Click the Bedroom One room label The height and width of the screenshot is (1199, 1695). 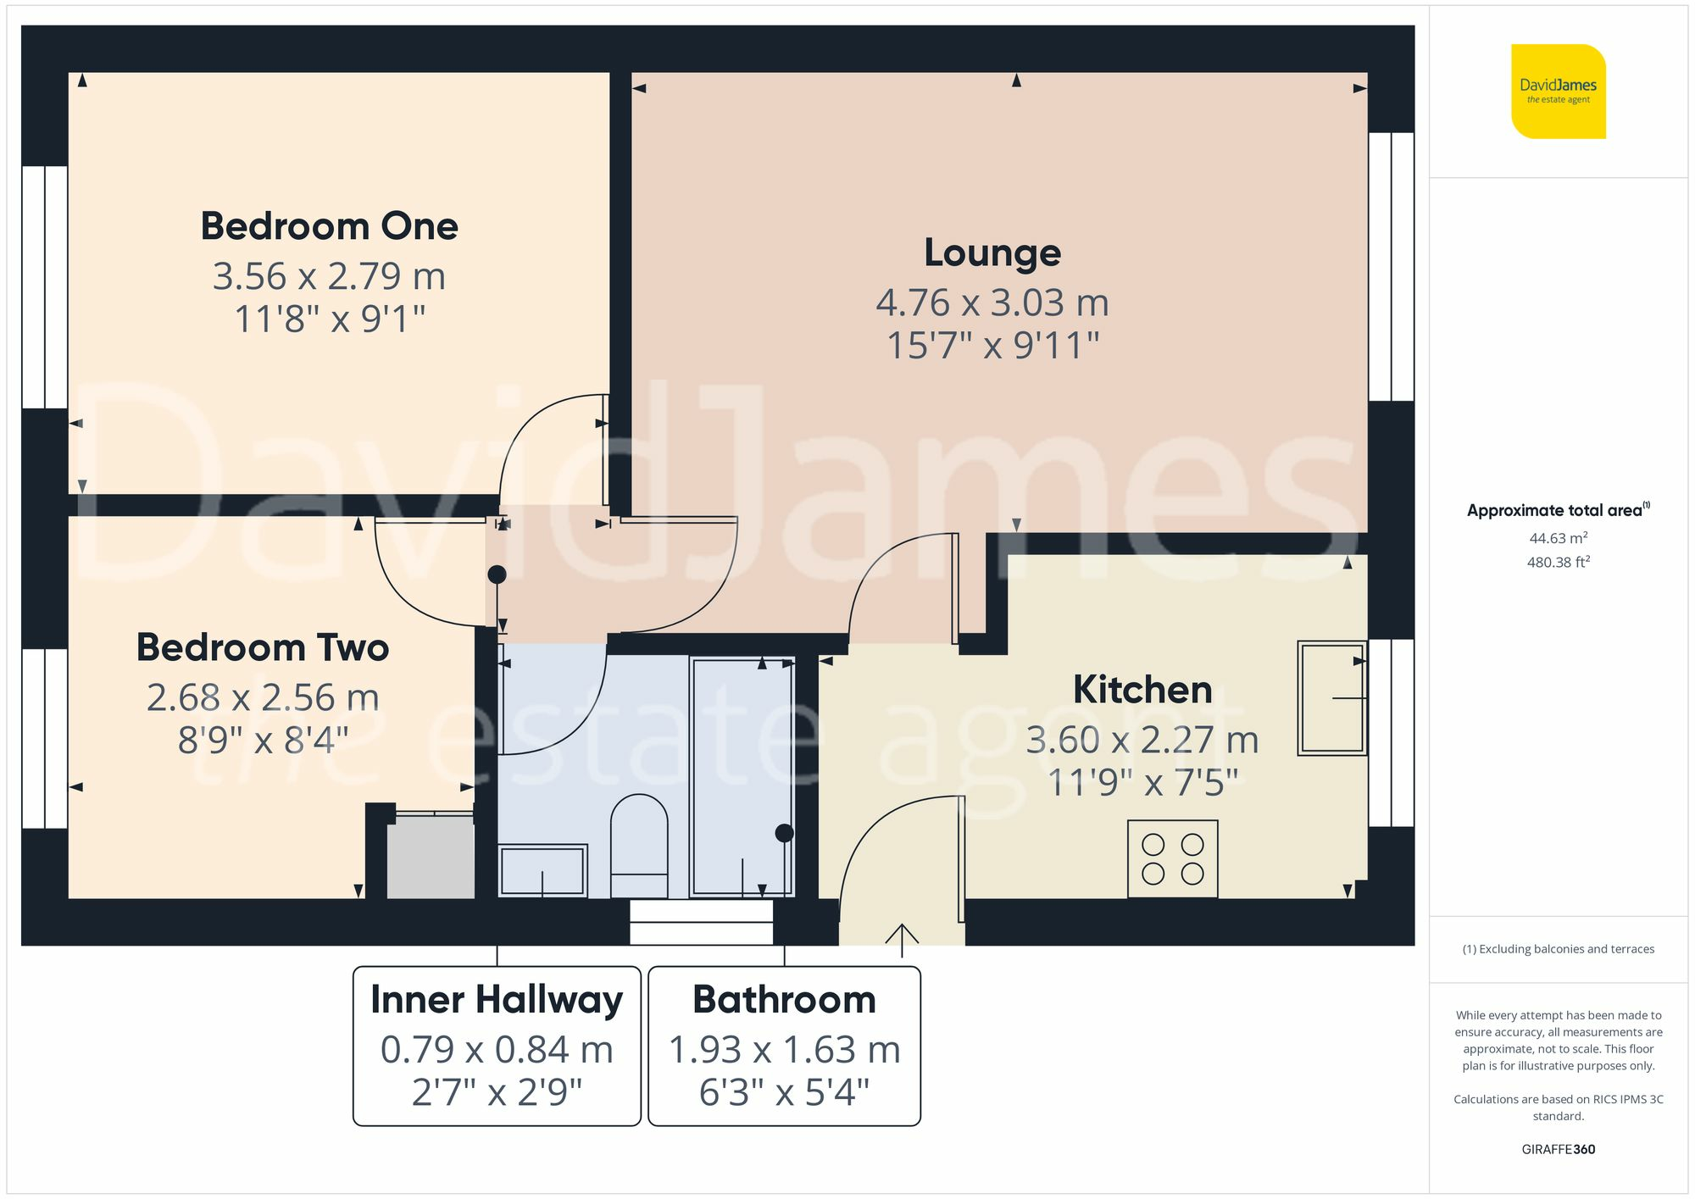click(329, 226)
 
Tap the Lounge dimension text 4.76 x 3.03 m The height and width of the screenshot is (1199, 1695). click(992, 303)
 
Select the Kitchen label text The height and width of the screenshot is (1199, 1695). click(1142, 689)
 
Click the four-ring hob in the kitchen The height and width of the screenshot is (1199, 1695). click(1172, 859)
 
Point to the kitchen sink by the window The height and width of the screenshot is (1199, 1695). click(1331, 698)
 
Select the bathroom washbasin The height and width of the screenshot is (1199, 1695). click(542, 870)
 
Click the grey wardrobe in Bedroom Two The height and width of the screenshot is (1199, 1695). click(431, 857)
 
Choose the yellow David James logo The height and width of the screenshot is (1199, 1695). click(1558, 92)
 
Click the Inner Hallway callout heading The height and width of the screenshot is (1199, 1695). click(497, 1000)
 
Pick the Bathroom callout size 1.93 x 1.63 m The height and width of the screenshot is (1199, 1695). click(784, 1050)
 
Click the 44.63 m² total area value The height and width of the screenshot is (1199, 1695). click(1558, 538)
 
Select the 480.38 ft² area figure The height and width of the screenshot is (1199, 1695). click(1558, 562)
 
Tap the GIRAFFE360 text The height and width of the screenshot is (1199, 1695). click(1558, 1149)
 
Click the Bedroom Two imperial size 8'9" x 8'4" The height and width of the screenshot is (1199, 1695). click(263, 740)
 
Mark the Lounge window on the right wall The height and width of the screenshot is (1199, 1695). click(1391, 266)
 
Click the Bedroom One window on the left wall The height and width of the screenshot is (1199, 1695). click(45, 286)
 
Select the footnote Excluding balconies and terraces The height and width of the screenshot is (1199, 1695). click(1558, 949)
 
